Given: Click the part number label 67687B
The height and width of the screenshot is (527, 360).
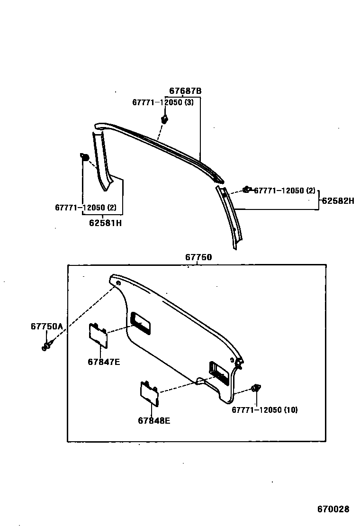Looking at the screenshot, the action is point(186,91).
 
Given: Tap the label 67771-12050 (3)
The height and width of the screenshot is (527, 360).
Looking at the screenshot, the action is point(162,103).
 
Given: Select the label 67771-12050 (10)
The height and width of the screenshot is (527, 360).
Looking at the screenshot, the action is point(264,410).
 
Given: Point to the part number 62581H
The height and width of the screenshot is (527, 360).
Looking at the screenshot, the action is point(105,223).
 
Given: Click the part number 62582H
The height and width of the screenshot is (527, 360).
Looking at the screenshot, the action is point(338,201).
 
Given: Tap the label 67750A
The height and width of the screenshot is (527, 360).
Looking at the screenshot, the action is point(47,327).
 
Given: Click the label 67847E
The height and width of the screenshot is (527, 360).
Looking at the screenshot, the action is point(103,362).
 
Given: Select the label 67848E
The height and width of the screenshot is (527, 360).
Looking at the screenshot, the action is point(154,420).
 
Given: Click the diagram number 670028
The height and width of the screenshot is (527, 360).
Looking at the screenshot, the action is point(333,509).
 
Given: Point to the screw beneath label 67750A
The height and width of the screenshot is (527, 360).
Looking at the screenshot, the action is point(46,346).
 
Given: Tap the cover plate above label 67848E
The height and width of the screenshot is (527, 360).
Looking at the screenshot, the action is point(149,392).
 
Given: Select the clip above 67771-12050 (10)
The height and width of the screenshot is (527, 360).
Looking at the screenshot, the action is point(256,388).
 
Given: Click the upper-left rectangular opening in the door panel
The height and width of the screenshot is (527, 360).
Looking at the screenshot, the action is point(140,323).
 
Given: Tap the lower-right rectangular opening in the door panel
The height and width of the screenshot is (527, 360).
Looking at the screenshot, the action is point(218,373).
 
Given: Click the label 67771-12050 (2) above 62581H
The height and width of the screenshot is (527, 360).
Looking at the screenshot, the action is point(86,208).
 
